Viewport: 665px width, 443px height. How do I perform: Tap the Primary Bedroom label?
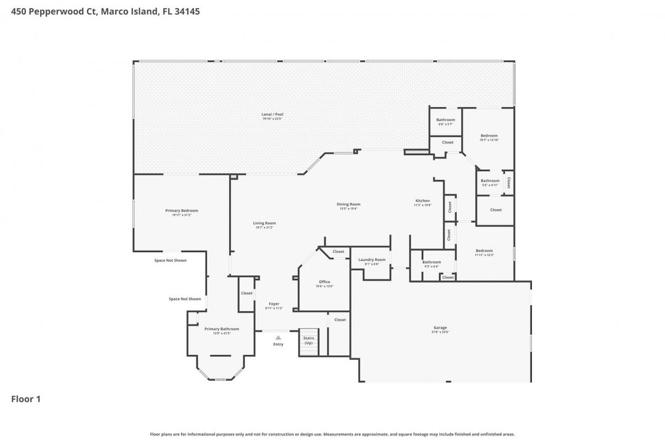click(x=182, y=211)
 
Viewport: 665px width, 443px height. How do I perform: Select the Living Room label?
click(x=264, y=223)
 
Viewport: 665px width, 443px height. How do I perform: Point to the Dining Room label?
click(x=349, y=204)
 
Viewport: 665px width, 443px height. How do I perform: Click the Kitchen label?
click(x=422, y=201)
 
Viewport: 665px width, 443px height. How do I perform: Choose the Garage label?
click(x=440, y=328)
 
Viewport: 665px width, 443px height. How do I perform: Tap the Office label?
click(x=324, y=282)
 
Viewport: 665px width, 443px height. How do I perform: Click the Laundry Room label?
click(x=372, y=260)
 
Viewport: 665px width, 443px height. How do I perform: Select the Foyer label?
click(x=273, y=304)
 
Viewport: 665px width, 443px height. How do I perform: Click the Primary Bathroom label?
click(x=222, y=329)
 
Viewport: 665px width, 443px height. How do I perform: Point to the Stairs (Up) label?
click(x=308, y=340)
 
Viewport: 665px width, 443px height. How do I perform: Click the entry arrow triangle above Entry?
click(x=278, y=337)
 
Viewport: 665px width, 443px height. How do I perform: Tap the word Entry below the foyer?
click(x=278, y=344)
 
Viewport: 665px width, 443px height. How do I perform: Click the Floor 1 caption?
click(x=26, y=399)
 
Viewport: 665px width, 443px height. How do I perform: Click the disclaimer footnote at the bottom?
click(x=332, y=434)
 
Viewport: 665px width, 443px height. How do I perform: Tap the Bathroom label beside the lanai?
click(x=445, y=119)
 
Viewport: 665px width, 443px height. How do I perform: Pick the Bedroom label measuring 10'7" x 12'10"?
click(x=489, y=136)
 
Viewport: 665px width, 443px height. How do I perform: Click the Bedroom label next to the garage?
click(x=484, y=251)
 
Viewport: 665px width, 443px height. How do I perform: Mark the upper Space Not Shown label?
click(x=170, y=260)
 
